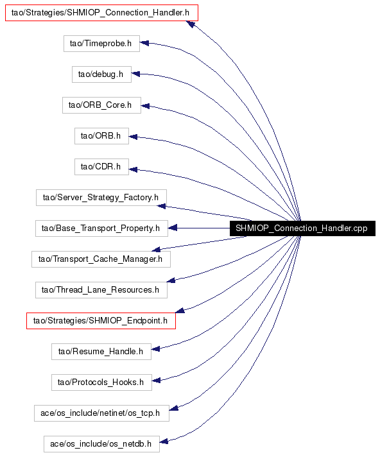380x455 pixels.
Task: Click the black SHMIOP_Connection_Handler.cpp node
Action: (x=302, y=228)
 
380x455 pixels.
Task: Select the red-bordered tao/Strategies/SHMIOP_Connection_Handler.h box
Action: (x=101, y=13)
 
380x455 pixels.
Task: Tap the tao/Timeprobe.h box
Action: (x=101, y=44)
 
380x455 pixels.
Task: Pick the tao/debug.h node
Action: (x=101, y=74)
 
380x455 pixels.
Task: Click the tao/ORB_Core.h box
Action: (x=101, y=105)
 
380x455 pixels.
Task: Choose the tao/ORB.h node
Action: (x=101, y=136)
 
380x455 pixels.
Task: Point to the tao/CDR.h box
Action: (x=101, y=167)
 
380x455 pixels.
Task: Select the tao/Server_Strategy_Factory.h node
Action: (x=101, y=198)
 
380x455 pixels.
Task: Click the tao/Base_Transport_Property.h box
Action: (x=101, y=228)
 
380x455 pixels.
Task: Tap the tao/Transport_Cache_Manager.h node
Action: (x=101, y=259)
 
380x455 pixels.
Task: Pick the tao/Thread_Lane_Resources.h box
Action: (x=101, y=290)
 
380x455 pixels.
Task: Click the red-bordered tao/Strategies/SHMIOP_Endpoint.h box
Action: (x=101, y=321)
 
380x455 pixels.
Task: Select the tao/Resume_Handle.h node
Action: (x=101, y=352)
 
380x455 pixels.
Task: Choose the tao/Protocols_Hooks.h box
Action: (x=101, y=382)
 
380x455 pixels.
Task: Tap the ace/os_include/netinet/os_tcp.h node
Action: (x=101, y=413)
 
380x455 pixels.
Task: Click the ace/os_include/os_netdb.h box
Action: (x=101, y=444)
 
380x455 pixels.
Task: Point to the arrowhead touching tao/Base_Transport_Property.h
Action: (x=173, y=228)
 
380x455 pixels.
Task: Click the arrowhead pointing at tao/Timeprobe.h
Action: (x=144, y=43)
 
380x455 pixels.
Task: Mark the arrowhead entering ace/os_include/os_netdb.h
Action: (x=164, y=442)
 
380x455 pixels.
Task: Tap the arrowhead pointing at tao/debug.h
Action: (x=136, y=74)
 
